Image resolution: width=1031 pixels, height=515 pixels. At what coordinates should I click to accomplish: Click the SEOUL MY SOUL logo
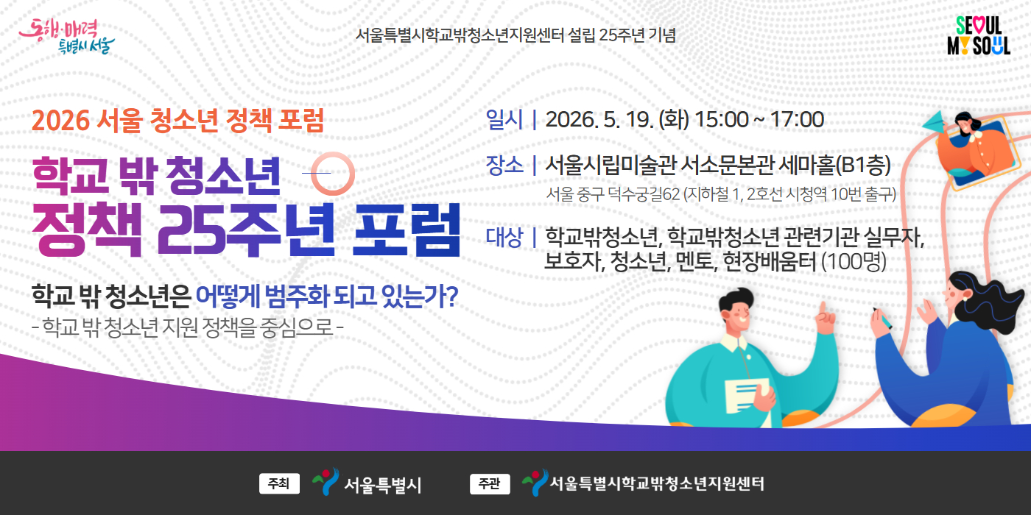[x=979, y=36]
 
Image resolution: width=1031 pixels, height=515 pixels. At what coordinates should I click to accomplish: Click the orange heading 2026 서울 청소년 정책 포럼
[x=177, y=121]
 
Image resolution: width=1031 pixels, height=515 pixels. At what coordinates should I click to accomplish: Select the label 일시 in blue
[x=504, y=119]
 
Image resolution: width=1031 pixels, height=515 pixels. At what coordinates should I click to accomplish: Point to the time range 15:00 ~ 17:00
[x=759, y=119]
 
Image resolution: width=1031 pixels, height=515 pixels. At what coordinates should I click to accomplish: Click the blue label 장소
[x=504, y=166]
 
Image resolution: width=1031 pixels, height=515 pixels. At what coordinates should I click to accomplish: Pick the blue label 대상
[x=504, y=237]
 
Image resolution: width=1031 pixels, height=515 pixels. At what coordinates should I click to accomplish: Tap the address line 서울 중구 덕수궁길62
[x=613, y=194]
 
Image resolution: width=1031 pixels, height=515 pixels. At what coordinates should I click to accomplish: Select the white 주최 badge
[x=279, y=484]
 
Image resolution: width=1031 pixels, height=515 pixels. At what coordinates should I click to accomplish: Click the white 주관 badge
[x=490, y=484]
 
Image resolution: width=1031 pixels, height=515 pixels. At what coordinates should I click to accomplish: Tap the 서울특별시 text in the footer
[x=383, y=485]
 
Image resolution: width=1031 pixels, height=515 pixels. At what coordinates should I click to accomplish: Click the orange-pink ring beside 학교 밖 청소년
[x=333, y=174]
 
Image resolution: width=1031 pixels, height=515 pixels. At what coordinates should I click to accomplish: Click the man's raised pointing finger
[x=823, y=309]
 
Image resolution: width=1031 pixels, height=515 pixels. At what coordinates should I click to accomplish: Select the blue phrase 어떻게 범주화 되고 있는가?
[x=327, y=296]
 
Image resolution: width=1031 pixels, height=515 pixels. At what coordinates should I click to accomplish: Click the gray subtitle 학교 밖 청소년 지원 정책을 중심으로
[x=188, y=327]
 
